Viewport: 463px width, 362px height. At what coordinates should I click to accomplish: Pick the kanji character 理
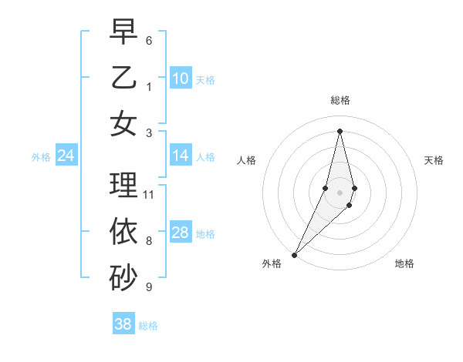(x=123, y=185)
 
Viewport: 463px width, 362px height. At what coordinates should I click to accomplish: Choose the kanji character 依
(x=123, y=231)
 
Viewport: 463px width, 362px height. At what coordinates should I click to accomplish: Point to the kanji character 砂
(x=123, y=278)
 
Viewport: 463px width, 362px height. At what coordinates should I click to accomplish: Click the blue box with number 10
(x=181, y=79)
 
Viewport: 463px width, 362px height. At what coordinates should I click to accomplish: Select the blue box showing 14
(x=181, y=156)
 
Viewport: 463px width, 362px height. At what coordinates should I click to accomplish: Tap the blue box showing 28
(x=181, y=233)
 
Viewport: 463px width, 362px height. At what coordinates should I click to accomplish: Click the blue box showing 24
(x=66, y=156)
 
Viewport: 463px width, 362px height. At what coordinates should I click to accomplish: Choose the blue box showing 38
(x=123, y=324)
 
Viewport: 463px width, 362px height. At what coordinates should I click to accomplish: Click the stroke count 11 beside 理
(x=149, y=194)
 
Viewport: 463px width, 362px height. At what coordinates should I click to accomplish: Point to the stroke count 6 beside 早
(x=149, y=40)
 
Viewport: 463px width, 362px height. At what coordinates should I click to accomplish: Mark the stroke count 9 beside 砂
(x=149, y=287)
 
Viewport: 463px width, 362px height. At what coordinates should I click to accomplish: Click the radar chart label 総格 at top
(x=340, y=100)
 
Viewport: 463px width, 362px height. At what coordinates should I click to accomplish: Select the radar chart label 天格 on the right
(x=434, y=160)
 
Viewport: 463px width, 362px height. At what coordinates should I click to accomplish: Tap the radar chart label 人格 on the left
(x=246, y=160)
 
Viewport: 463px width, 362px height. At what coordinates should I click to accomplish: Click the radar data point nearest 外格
(x=295, y=254)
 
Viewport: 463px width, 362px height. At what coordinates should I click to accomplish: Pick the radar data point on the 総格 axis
(x=340, y=131)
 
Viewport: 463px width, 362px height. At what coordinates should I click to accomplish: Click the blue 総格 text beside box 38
(x=148, y=326)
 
